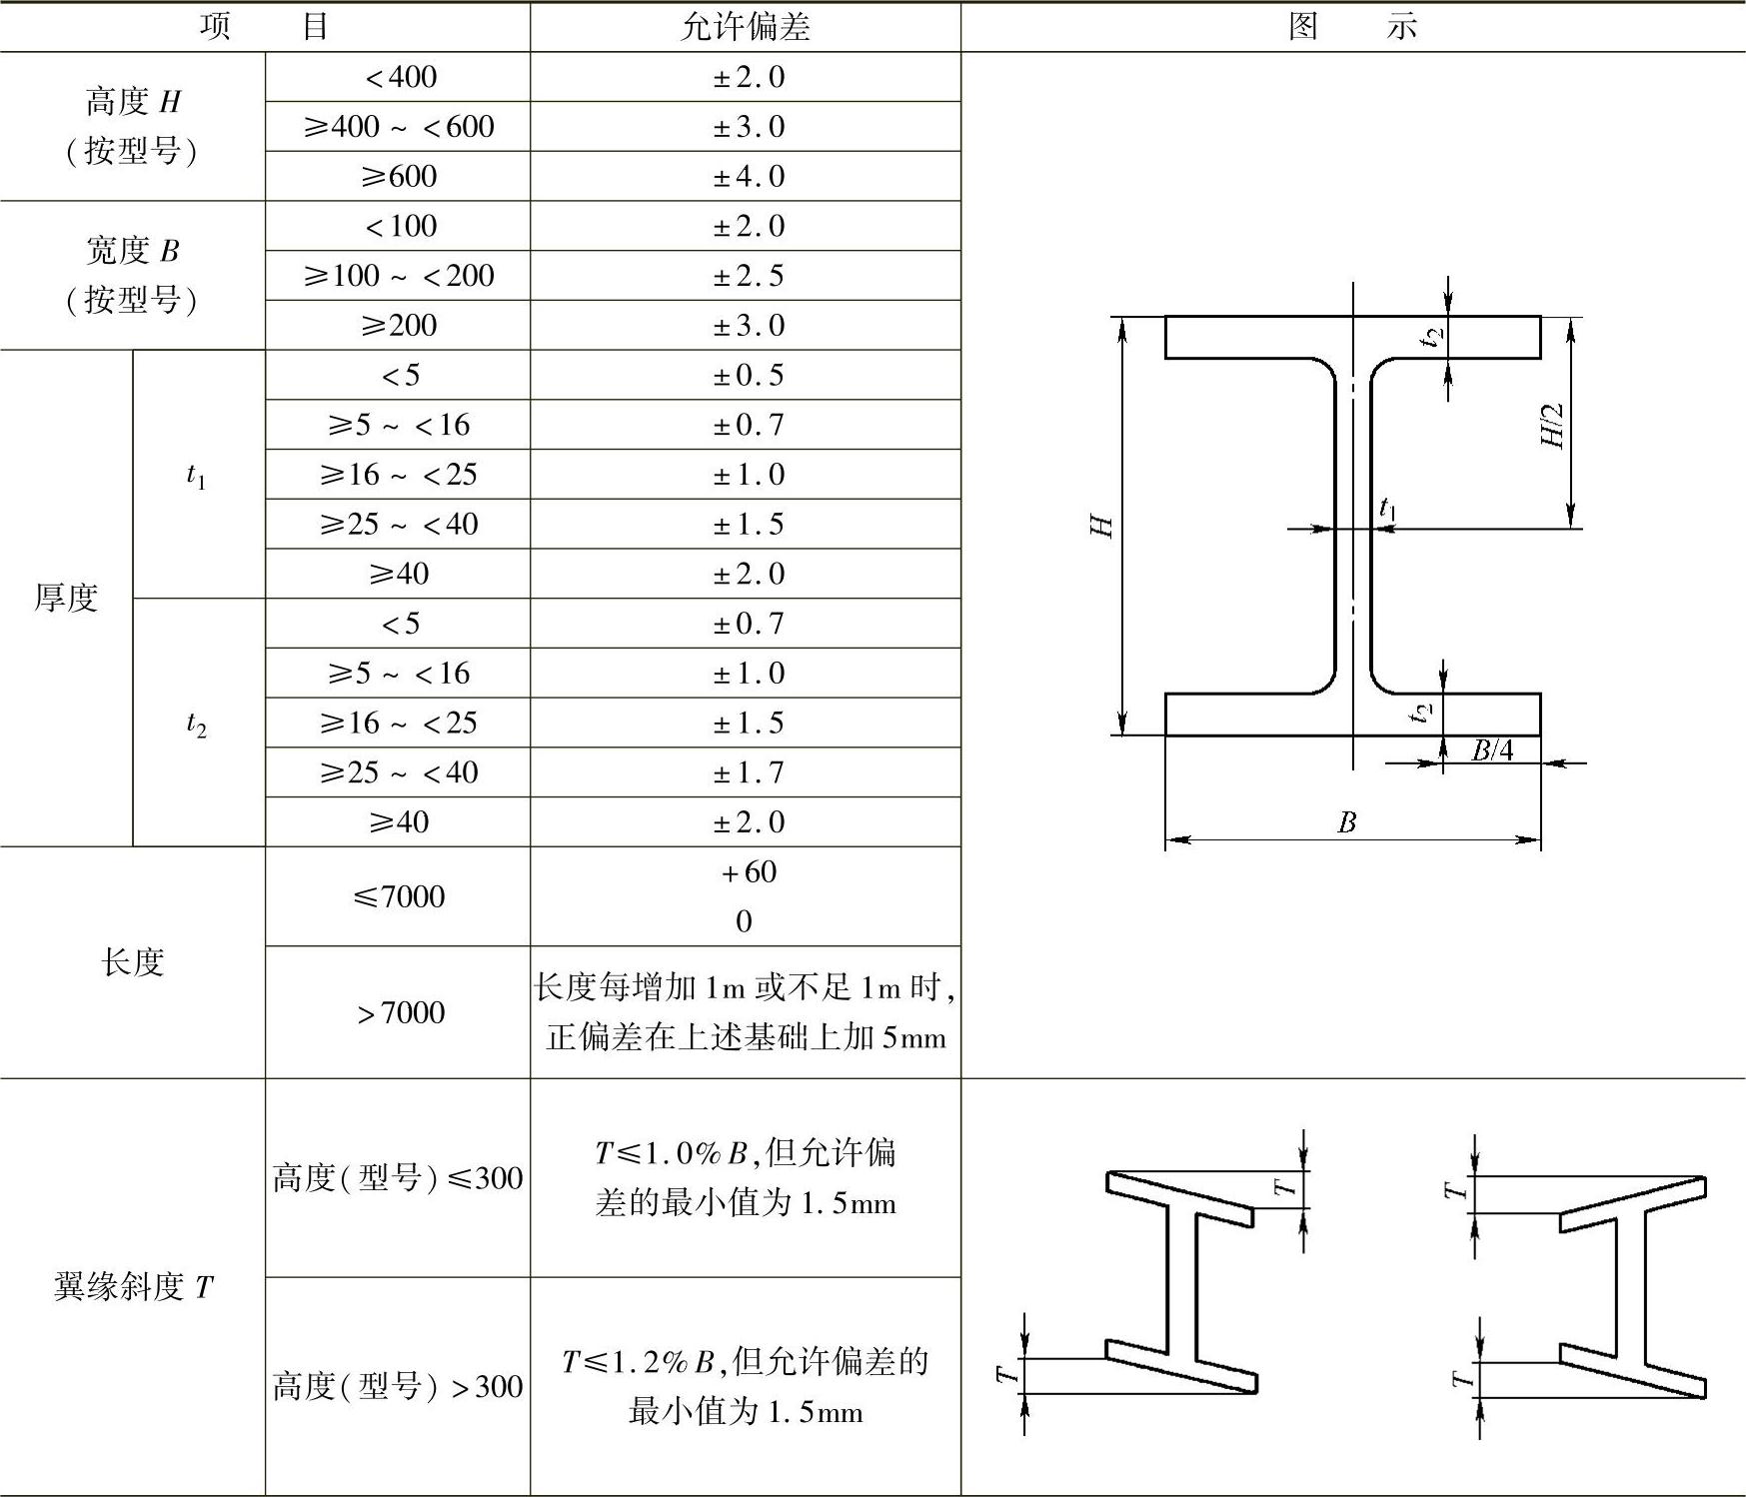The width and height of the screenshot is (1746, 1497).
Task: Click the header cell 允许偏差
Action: pyautogui.click(x=745, y=27)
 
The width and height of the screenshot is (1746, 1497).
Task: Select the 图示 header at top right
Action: pyautogui.click(x=1352, y=27)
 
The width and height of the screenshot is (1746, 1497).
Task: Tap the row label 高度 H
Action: pyautogui.click(x=133, y=102)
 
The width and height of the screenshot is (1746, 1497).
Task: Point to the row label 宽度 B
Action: pyautogui.click(x=133, y=251)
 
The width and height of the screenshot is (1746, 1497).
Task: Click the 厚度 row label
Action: pyautogui.click(x=66, y=598)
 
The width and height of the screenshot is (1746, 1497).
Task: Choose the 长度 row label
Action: pyautogui.click(x=132, y=962)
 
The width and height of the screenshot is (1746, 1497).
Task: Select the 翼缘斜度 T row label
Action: pyautogui.click(x=133, y=1287)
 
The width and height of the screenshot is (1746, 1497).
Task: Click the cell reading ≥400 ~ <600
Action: pyautogui.click(x=398, y=127)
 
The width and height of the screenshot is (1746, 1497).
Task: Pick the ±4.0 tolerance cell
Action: pyautogui.click(x=748, y=177)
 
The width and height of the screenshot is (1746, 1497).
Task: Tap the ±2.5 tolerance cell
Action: pyautogui.click(x=748, y=276)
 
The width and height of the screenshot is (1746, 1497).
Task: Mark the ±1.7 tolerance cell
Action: pyautogui.click(x=748, y=772)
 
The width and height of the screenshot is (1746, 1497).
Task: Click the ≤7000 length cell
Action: pyautogui.click(x=398, y=896)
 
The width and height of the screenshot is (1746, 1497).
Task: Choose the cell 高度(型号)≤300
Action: pyautogui.click(x=398, y=1178)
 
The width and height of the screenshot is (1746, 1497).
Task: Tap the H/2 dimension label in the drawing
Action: pyautogui.click(x=1552, y=427)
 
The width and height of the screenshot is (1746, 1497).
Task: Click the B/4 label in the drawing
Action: pyautogui.click(x=1492, y=750)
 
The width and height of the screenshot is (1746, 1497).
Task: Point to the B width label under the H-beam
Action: pyautogui.click(x=1346, y=822)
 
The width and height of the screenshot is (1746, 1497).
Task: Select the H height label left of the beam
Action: pyautogui.click(x=1101, y=526)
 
